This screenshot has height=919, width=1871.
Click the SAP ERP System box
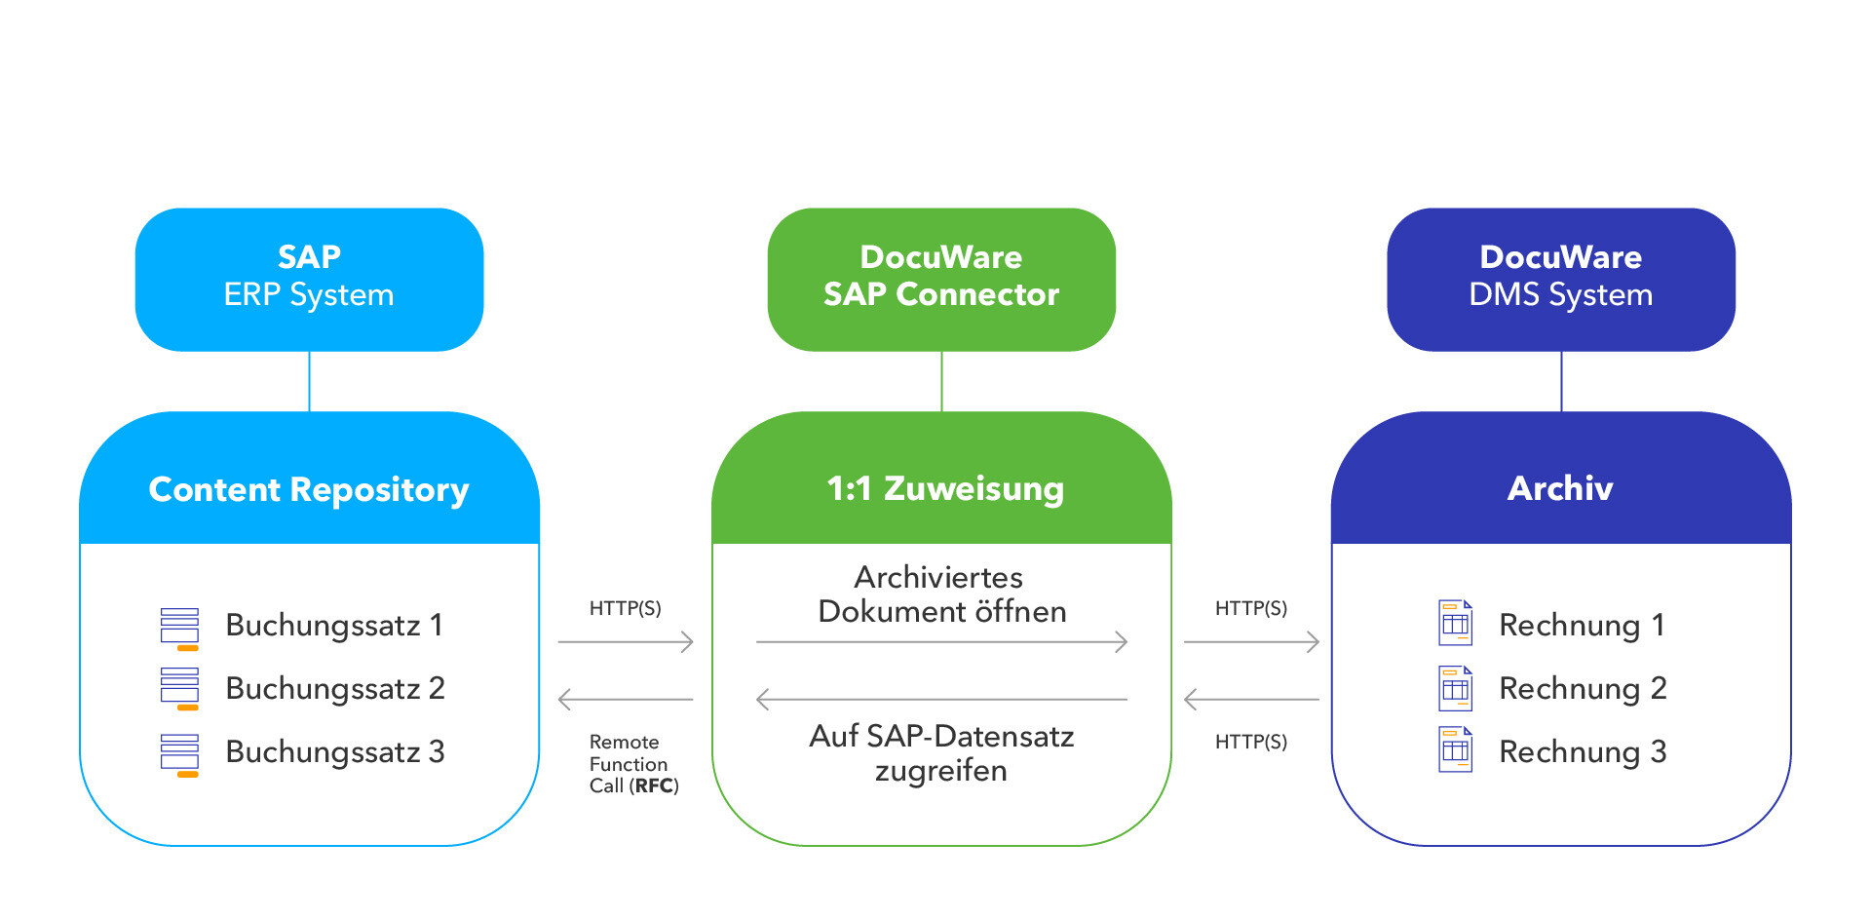tap(309, 279)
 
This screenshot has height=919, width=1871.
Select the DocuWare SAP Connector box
tap(941, 279)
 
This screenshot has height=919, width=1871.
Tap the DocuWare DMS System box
tap(1560, 279)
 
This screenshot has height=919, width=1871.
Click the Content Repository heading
tap(309, 489)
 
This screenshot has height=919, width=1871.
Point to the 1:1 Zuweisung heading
tap(944, 488)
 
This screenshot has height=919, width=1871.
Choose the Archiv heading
tap(1560, 488)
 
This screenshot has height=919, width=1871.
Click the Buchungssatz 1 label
tap(334, 625)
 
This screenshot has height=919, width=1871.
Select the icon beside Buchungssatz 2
tap(179, 688)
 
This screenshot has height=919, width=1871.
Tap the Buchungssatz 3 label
tap(334, 751)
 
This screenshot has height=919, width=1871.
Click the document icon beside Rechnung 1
tap(1455, 624)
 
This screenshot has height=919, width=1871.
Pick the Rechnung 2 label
tap(1583, 688)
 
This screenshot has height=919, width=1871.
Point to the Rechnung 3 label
tap(1583, 751)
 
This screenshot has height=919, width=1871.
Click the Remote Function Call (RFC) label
tap(633, 764)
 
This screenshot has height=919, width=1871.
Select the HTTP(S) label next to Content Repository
tap(625, 608)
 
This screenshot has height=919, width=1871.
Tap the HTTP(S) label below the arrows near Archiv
tap(1250, 742)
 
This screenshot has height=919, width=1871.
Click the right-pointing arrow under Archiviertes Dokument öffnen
tap(941, 642)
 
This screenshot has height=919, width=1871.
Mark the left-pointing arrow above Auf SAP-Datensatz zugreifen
tap(941, 700)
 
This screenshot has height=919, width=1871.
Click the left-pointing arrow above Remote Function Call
tap(625, 700)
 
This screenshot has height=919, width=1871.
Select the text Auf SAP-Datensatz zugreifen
tap(941, 752)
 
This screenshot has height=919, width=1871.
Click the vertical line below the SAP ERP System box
tap(309, 381)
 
